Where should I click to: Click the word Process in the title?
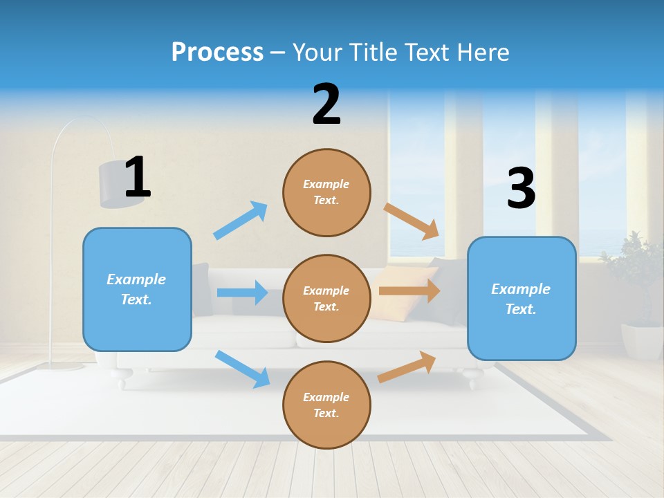click(x=217, y=52)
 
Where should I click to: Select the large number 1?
click(x=137, y=178)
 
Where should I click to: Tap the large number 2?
click(x=326, y=104)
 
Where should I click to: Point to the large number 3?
click(x=521, y=188)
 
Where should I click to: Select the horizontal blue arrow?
click(x=242, y=293)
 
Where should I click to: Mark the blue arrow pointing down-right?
click(x=242, y=369)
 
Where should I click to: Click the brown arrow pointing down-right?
click(x=412, y=221)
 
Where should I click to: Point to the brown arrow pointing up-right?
click(x=407, y=367)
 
